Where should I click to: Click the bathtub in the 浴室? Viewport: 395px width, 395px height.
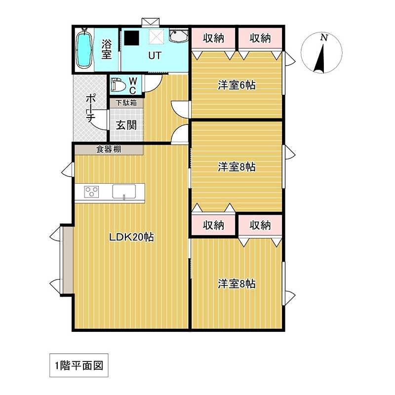point(84,49)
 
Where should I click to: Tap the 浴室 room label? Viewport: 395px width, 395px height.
point(106,49)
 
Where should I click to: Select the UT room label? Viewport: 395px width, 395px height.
point(155,56)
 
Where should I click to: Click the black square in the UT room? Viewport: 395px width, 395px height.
point(131,38)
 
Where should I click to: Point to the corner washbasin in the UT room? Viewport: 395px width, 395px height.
point(178,37)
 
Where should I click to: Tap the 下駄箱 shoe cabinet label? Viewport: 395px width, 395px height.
point(126,104)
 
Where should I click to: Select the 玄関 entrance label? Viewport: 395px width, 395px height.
point(126,125)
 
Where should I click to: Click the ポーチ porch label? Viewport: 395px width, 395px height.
point(90,108)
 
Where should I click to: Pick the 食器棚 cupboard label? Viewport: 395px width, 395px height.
point(109,149)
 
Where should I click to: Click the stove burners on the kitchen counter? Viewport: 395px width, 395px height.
point(92,192)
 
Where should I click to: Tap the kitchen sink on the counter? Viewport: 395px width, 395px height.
point(127,192)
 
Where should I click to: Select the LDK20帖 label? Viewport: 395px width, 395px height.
point(131,237)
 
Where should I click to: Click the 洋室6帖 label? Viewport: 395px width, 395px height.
point(237,85)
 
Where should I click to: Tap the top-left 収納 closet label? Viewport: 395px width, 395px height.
point(213,38)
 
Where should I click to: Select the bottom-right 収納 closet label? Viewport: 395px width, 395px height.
point(260,226)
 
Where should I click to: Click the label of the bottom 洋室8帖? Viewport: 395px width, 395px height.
point(237,284)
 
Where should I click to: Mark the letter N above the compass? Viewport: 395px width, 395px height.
point(323,38)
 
